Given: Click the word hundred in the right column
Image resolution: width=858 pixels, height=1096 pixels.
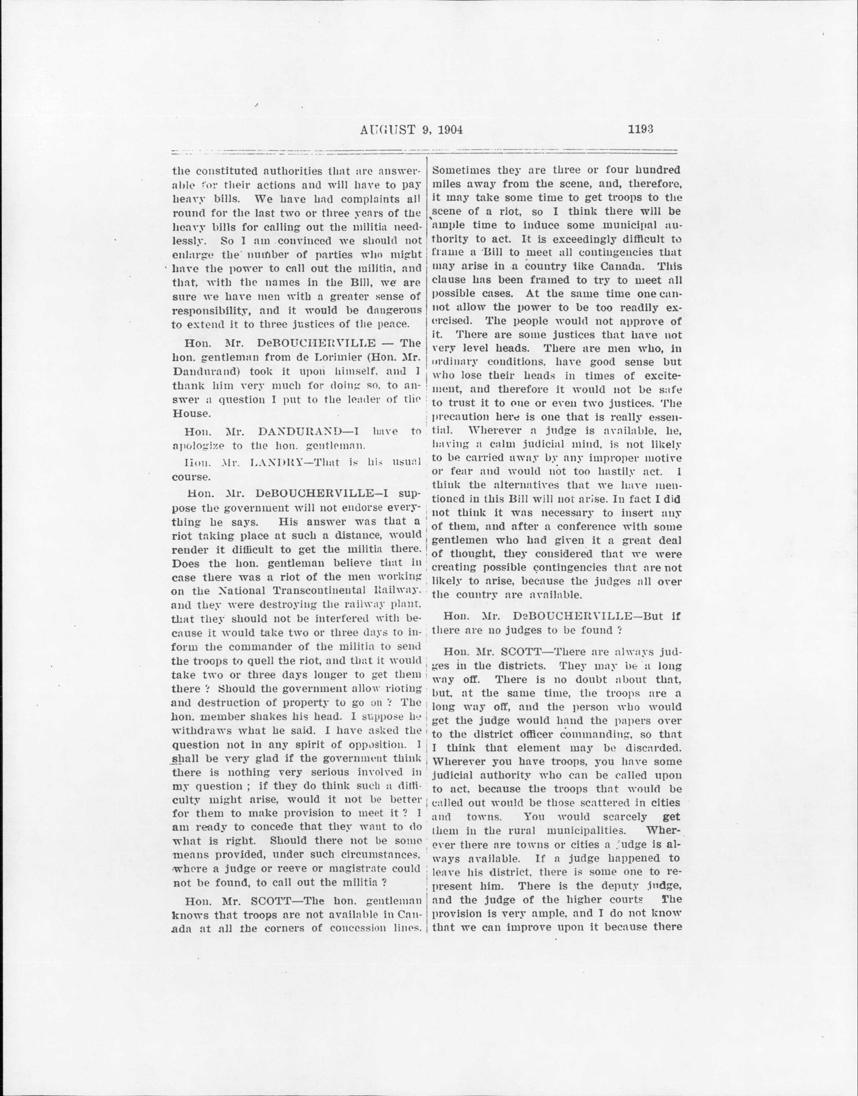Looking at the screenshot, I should [656, 170].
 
